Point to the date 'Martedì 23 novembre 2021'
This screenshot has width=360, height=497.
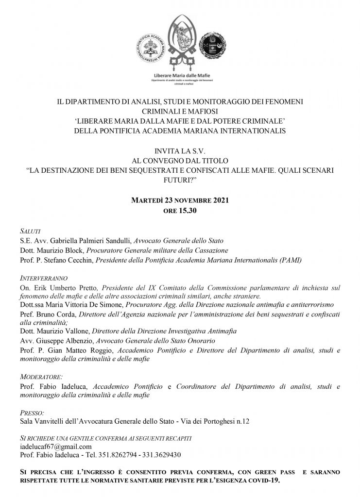[x=180, y=199]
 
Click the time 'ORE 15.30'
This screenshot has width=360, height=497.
[x=180, y=209]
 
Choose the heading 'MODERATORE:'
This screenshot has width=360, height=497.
[x=42, y=377]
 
